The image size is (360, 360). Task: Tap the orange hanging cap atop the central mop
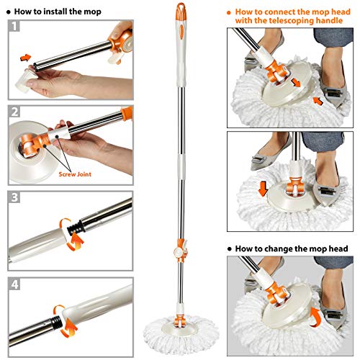tap(179, 11)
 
